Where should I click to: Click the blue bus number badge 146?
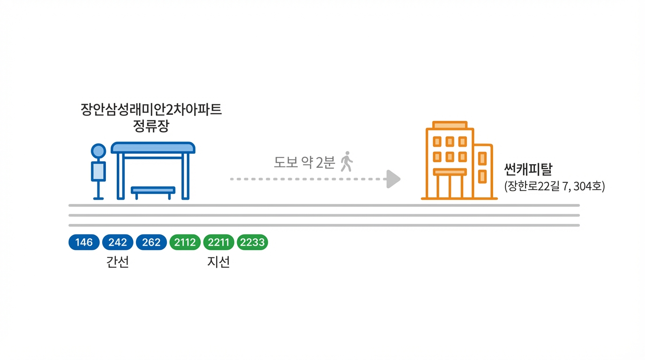(x=84, y=242)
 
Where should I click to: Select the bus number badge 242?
(x=118, y=242)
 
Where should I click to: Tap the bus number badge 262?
(x=151, y=242)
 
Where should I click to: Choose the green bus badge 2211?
(x=218, y=242)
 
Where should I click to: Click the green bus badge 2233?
(x=253, y=242)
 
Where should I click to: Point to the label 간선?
(x=118, y=262)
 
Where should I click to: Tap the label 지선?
(x=218, y=262)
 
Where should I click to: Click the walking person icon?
(x=346, y=161)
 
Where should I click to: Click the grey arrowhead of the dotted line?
(x=393, y=179)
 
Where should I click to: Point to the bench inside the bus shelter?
(x=153, y=190)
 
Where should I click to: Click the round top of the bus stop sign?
(x=98, y=151)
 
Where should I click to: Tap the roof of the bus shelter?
(x=153, y=147)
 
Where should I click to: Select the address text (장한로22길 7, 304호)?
(x=555, y=186)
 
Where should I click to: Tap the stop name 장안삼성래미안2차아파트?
(x=151, y=110)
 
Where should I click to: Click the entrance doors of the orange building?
(x=450, y=186)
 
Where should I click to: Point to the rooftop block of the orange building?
(x=450, y=125)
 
